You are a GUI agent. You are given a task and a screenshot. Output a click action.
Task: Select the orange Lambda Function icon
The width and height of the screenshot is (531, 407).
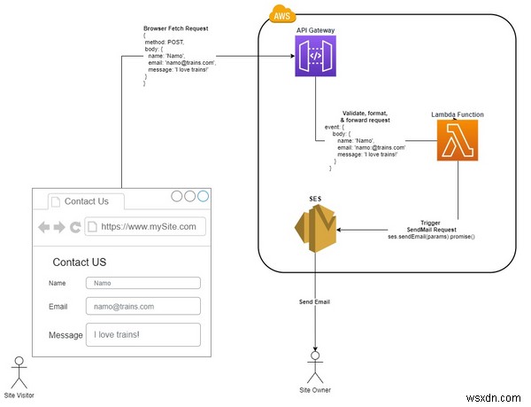[458, 141]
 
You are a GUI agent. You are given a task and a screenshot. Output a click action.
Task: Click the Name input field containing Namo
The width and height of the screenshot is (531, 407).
[142, 283]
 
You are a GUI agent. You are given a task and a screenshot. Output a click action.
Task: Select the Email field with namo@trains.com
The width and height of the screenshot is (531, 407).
[142, 306]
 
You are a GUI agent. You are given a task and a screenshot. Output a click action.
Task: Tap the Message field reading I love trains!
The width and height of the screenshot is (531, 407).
[142, 334]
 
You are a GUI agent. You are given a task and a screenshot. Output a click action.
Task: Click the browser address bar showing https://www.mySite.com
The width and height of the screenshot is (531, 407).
[145, 226]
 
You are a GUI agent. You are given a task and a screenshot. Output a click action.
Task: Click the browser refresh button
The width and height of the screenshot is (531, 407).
[75, 227]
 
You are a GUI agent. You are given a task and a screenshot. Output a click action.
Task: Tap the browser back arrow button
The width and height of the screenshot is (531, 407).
[43, 227]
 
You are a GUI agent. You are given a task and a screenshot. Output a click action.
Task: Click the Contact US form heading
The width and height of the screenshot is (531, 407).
[79, 262]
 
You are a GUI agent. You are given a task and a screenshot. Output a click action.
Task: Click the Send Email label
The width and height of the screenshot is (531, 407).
[316, 302]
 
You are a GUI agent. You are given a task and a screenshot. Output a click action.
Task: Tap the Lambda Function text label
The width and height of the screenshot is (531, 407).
[458, 115]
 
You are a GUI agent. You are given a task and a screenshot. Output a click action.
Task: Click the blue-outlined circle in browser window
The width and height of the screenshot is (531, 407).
[204, 196]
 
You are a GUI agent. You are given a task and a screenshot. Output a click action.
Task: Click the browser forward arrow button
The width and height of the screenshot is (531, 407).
[59, 227]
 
